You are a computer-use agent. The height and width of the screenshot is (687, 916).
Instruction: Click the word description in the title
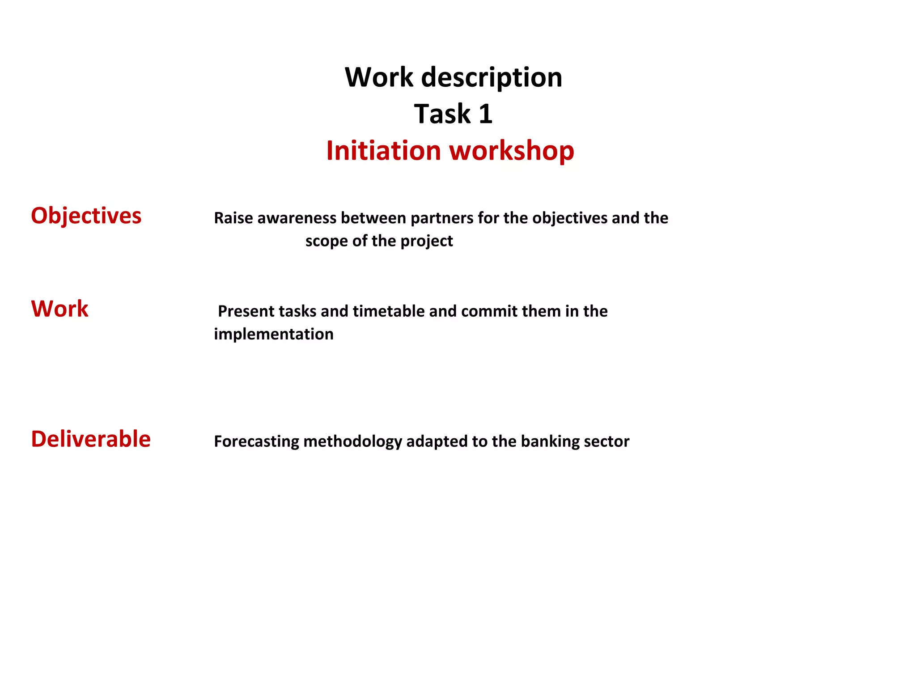[x=492, y=78]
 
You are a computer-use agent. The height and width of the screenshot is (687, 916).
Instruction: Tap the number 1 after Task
[x=485, y=114]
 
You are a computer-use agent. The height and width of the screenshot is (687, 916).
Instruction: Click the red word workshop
[x=512, y=151]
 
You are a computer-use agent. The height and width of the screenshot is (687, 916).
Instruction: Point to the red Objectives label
[x=86, y=216]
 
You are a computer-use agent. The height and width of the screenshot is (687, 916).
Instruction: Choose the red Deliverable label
[x=91, y=439]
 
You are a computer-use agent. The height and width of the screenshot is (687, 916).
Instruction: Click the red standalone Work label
[x=60, y=309]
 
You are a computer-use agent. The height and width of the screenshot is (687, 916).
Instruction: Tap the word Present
[x=246, y=311]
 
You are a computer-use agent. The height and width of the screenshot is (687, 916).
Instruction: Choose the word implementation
[x=274, y=335]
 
